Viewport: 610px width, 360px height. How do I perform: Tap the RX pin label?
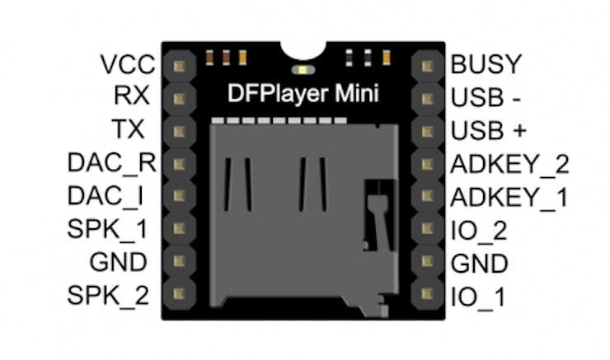pyautogui.click(x=132, y=96)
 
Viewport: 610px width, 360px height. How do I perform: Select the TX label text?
pyautogui.click(x=129, y=129)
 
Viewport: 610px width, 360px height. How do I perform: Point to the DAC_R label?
pyautogui.click(x=112, y=162)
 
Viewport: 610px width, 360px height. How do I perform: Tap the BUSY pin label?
pyautogui.click(x=487, y=64)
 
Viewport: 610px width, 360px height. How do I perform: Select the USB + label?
pyautogui.click(x=488, y=130)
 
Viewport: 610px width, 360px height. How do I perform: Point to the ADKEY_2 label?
pyautogui.click(x=509, y=164)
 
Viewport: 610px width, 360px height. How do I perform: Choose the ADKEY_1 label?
pyautogui.click(x=509, y=197)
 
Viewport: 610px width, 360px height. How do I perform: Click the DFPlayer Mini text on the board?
pyautogui.click(x=303, y=94)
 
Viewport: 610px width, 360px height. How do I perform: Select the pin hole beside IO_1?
pyautogui.click(x=427, y=292)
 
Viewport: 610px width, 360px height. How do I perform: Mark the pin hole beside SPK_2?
pyautogui.click(x=180, y=292)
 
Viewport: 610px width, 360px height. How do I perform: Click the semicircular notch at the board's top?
pyautogui.click(x=303, y=53)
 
